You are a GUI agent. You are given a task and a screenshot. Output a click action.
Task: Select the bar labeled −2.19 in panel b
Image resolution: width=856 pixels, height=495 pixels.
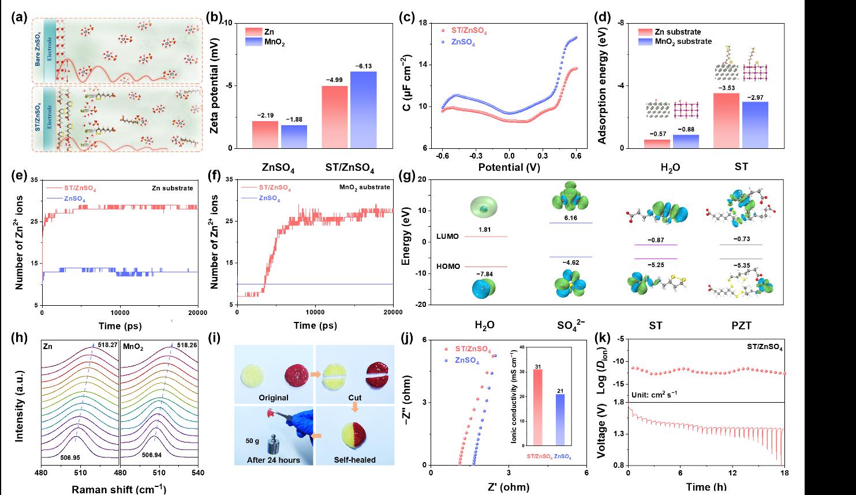click(265, 134)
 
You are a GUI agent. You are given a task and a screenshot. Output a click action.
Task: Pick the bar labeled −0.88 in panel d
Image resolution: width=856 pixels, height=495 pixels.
click(687, 141)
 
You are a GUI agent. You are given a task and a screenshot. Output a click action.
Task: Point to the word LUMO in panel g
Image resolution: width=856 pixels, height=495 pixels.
click(449, 237)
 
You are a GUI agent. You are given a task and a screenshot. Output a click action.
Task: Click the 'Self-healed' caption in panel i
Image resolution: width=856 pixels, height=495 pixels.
click(354, 460)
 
